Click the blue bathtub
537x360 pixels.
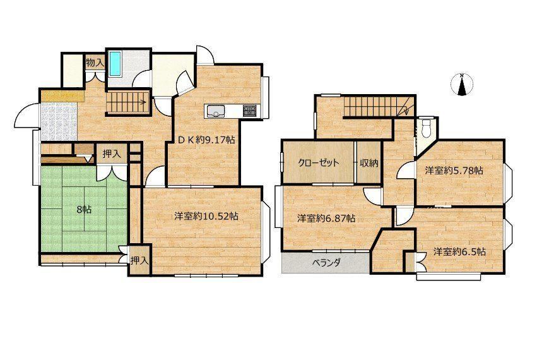(115, 64)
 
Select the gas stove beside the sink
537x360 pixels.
(249, 111)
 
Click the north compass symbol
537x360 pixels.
(463, 85)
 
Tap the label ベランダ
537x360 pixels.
(326, 263)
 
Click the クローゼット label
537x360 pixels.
(319, 162)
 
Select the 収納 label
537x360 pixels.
(369, 163)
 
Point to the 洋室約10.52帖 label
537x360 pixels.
(206, 217)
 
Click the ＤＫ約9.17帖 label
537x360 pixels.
(206, 140)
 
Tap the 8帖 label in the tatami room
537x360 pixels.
(85, 210)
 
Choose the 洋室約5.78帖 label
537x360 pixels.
(454, 171)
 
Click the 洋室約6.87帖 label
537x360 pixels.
(326, 218)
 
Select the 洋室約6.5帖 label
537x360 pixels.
(459, 251)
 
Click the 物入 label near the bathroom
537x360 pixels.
(95, 63)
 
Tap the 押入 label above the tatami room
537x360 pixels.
(112, 154)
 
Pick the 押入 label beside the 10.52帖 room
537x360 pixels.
(139, 261)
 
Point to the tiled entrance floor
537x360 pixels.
(59, 121)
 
